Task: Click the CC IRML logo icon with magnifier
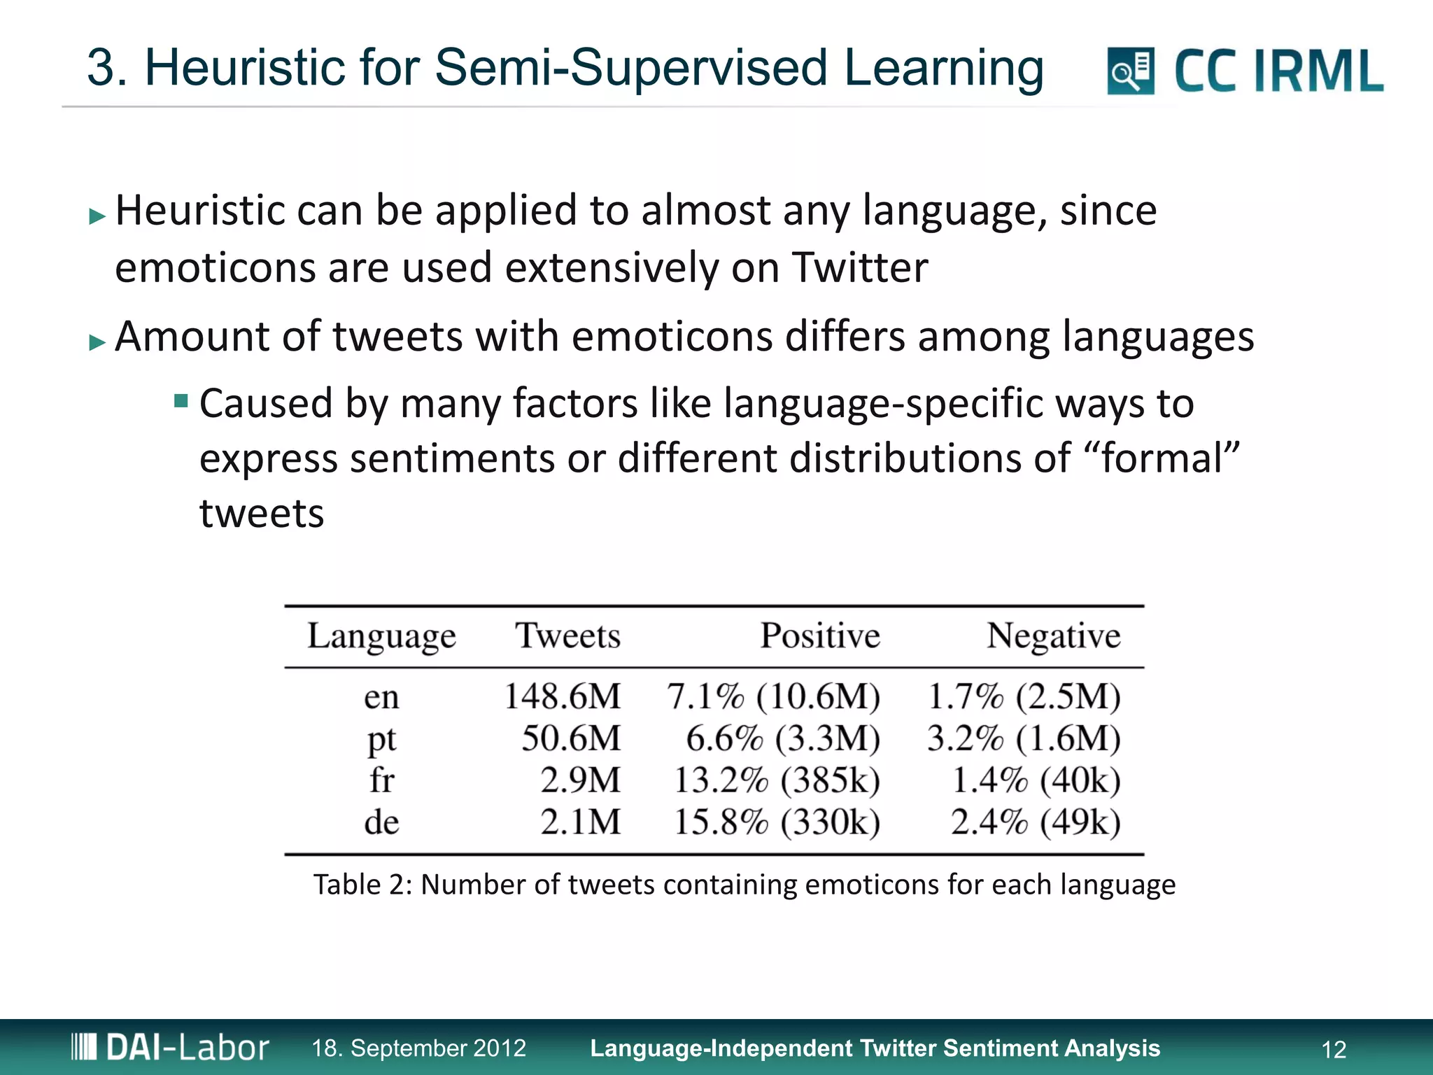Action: click(1130, 71)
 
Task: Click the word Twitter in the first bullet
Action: click(860, 267)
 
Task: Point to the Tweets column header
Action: click(567, 636)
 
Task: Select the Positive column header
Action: click(820, 636)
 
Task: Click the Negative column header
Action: click(1053, 636)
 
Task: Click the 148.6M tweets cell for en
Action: click(563, 697)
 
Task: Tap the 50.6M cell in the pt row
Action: click(571, 738)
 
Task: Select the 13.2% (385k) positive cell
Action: click(777, 780)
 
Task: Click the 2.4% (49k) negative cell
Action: click(1036, 822)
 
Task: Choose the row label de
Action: click(381, 822)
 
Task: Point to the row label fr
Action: click(381, 780)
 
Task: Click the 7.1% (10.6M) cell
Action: click(773, 697)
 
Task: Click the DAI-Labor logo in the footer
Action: click(170, 1048)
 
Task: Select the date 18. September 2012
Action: click(418, 1048)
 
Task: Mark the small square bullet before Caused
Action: click(181, 401)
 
